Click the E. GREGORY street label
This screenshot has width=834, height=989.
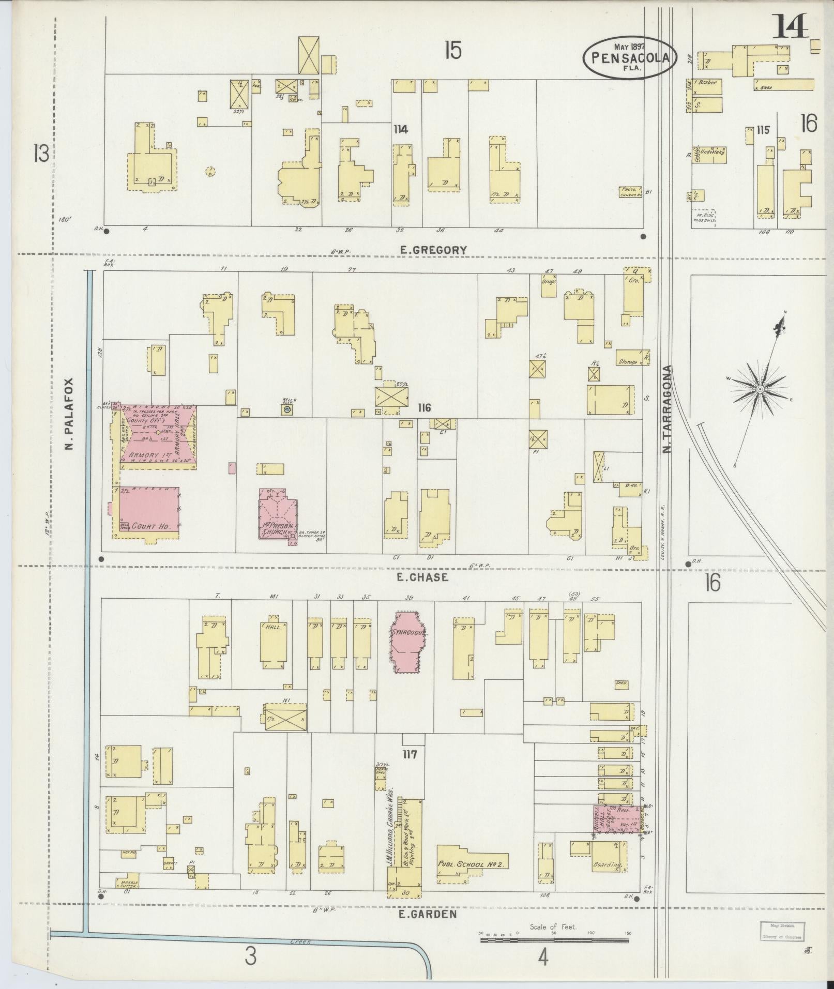[x=433, y=250]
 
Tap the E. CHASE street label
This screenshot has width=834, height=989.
[x=422, y=577]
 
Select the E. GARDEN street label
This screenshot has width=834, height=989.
[x=428, y=914]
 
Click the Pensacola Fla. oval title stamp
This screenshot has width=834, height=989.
[x=629, y=58]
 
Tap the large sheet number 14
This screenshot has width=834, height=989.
[x=790, y=27]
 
